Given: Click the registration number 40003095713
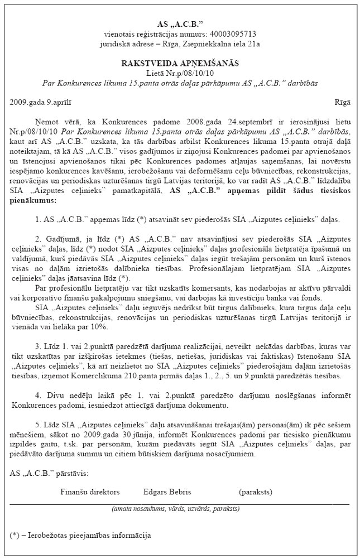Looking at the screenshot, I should (x=237, y=33).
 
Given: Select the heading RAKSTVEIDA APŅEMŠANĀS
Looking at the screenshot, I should (x=180, y=64).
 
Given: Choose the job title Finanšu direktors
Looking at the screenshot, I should (x=90, y=491).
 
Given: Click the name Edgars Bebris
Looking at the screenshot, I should (x=167, y=491).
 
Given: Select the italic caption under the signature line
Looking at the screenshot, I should (x=176, y=509).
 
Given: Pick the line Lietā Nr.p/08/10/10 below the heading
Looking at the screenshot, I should (x=180, y=73).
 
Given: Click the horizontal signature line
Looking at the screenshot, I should (x=180, y=504).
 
